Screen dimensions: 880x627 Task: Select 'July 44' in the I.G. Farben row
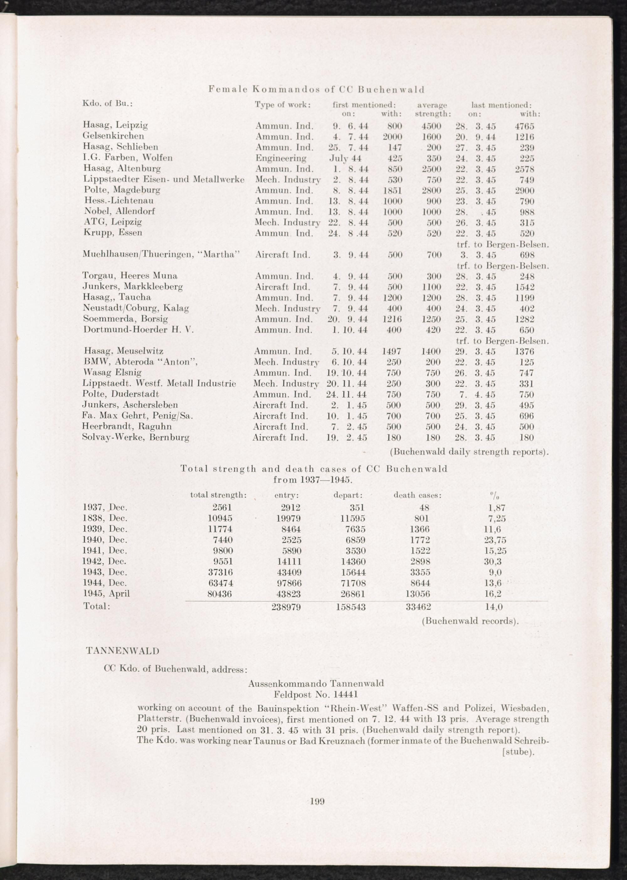point(345,158)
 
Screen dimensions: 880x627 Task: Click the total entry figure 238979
point(286,606)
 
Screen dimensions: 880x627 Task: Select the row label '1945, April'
point(106,593)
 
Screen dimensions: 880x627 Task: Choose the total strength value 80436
point(220,594)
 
